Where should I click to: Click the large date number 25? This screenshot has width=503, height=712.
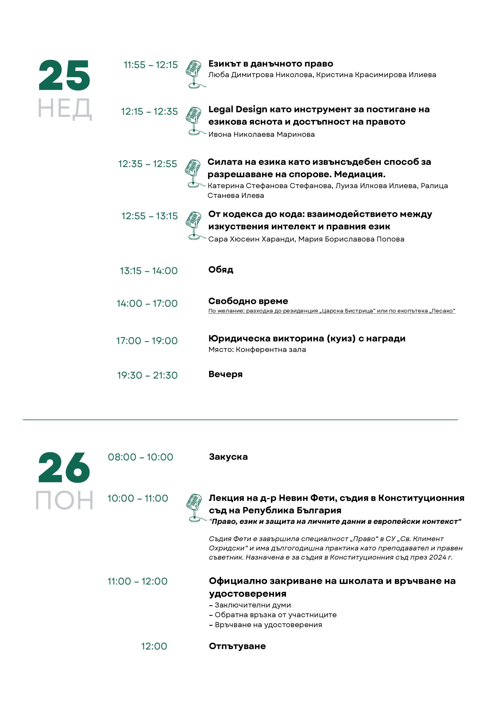pos(64,75)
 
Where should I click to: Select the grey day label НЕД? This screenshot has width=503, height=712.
pos(64,108)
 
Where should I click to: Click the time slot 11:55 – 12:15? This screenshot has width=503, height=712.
pos(151,65)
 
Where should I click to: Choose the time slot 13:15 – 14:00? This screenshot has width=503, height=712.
pos(148,271)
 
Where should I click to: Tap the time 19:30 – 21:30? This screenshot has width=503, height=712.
pos(147,375)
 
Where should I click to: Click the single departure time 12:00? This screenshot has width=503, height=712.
pos(154,646)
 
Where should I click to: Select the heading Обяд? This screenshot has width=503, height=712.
pos(221,270)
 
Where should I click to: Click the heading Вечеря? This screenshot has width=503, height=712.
pos(225,374)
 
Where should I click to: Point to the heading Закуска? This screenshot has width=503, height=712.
pos(228,457)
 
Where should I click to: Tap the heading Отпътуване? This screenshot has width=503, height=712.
pos(237,646)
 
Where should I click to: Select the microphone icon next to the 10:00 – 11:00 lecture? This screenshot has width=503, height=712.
pos(195,508)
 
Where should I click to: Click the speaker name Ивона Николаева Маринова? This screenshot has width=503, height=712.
pos(261,134)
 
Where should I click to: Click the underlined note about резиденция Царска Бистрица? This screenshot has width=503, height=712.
pos(331,311)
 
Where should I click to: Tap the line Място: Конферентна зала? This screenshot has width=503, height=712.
pos(257,350)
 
